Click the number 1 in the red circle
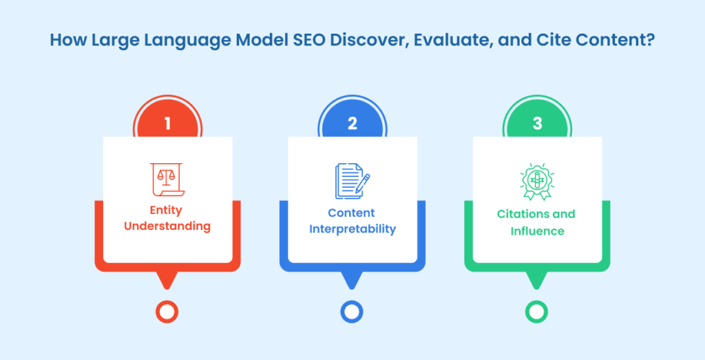click(167, 124)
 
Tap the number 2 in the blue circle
click(352, 124)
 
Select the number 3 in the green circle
click(537, 124)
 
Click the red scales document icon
click(167, 180)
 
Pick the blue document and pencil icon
click(352, 180)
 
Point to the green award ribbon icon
click(537, 182)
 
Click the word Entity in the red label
click(166, 211)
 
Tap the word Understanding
click(167, 226)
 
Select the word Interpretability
click(352, 229)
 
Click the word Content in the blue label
click(351, 213)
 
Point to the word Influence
click(537, 231)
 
